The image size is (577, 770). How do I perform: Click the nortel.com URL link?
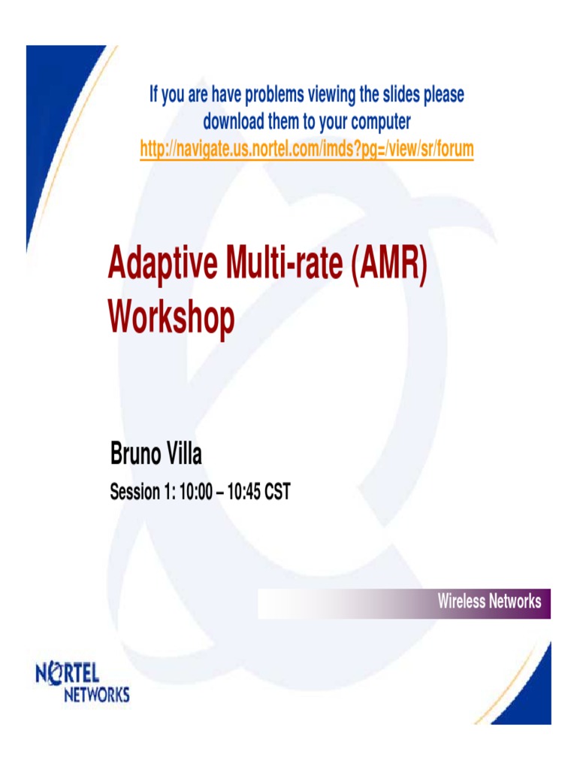coord(307,149)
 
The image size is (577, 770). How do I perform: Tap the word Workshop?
coord(171,317)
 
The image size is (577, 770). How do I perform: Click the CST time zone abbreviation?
coord(276,493)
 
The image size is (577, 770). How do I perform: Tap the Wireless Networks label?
coord(489,602)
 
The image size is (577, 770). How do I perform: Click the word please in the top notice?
coord(444,95)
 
